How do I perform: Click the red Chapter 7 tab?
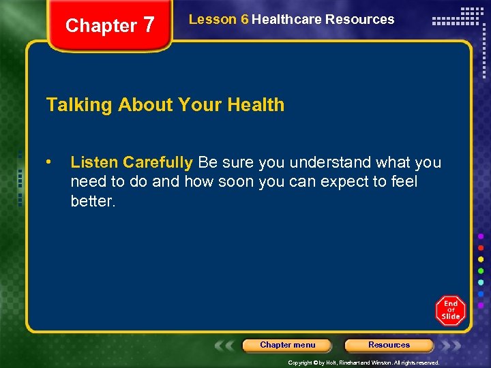pos(109,26)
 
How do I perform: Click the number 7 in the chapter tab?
pos(149,25)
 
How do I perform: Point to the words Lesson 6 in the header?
pos(218,19)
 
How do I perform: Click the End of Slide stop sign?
pos(451,311)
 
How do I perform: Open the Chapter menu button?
pos(287,345)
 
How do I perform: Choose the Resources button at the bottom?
pos(389,345)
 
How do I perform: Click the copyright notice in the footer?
pos(363,363)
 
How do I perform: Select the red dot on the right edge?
pos(481,247)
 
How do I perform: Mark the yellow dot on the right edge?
pos(481,259)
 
